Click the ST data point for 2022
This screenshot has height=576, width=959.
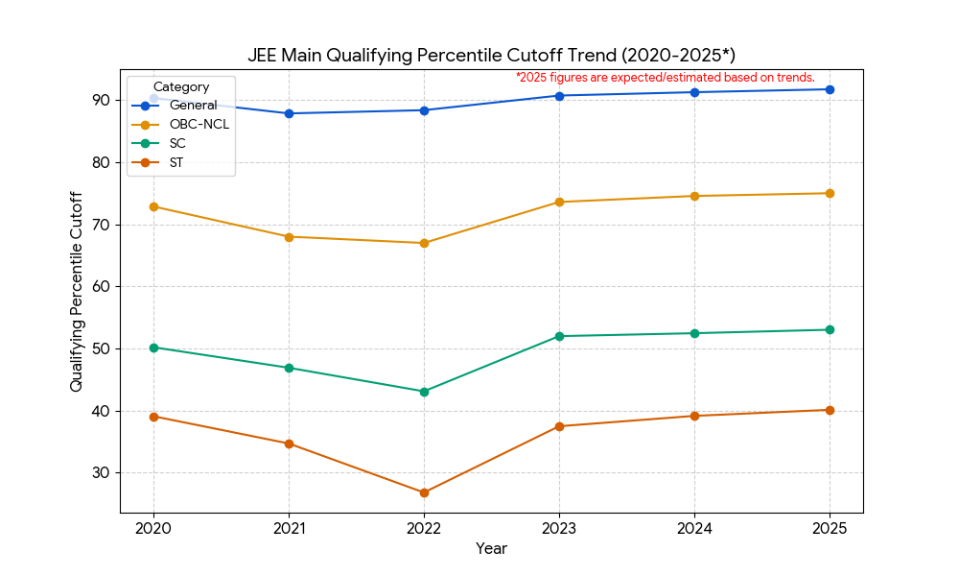tap(424, 492)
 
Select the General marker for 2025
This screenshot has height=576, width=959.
tap(830, 89)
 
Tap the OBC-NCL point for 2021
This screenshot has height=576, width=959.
tap(289, 236)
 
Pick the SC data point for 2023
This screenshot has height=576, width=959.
tap(559, 336)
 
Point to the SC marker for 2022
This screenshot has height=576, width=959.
tap(424, 392)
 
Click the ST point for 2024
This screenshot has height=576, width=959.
tap(694, 416)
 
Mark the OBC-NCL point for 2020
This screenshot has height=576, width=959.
tap(153, 206)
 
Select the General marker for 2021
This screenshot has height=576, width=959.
tap(289, 113)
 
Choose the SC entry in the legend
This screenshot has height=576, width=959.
tap(176, 143)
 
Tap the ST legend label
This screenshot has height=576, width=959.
tap(175, 162)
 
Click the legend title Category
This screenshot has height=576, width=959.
tap(181, 87)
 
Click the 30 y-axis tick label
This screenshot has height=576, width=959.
tap(102, 473)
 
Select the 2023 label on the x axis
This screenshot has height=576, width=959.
tap(559, 528)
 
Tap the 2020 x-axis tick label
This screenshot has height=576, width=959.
tap(153, 528)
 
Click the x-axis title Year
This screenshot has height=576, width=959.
tap(491, 549)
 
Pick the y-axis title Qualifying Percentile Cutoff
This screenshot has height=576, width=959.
tap(77, 291)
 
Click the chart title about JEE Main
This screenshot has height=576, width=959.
tap(491, 55)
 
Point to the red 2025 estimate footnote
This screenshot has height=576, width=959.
tap(665, 77)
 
